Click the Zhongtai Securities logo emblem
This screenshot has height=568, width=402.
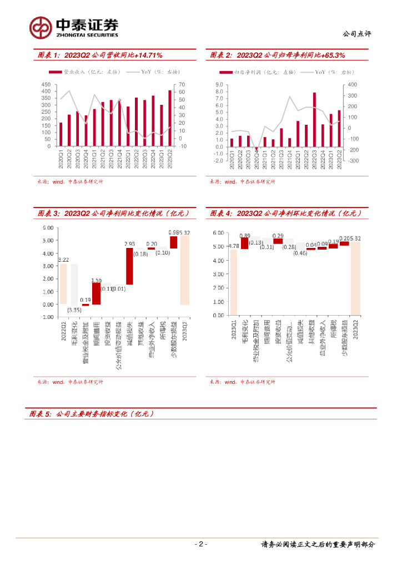coord(40,27)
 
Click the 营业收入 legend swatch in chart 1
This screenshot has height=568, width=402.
coord(55,72)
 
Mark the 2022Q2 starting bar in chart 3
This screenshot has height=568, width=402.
coord(63,284)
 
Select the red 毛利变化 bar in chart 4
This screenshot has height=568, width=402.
coord(245,243)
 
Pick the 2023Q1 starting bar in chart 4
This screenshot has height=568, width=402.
coord(233,283)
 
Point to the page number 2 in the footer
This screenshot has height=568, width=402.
coord(201,544)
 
